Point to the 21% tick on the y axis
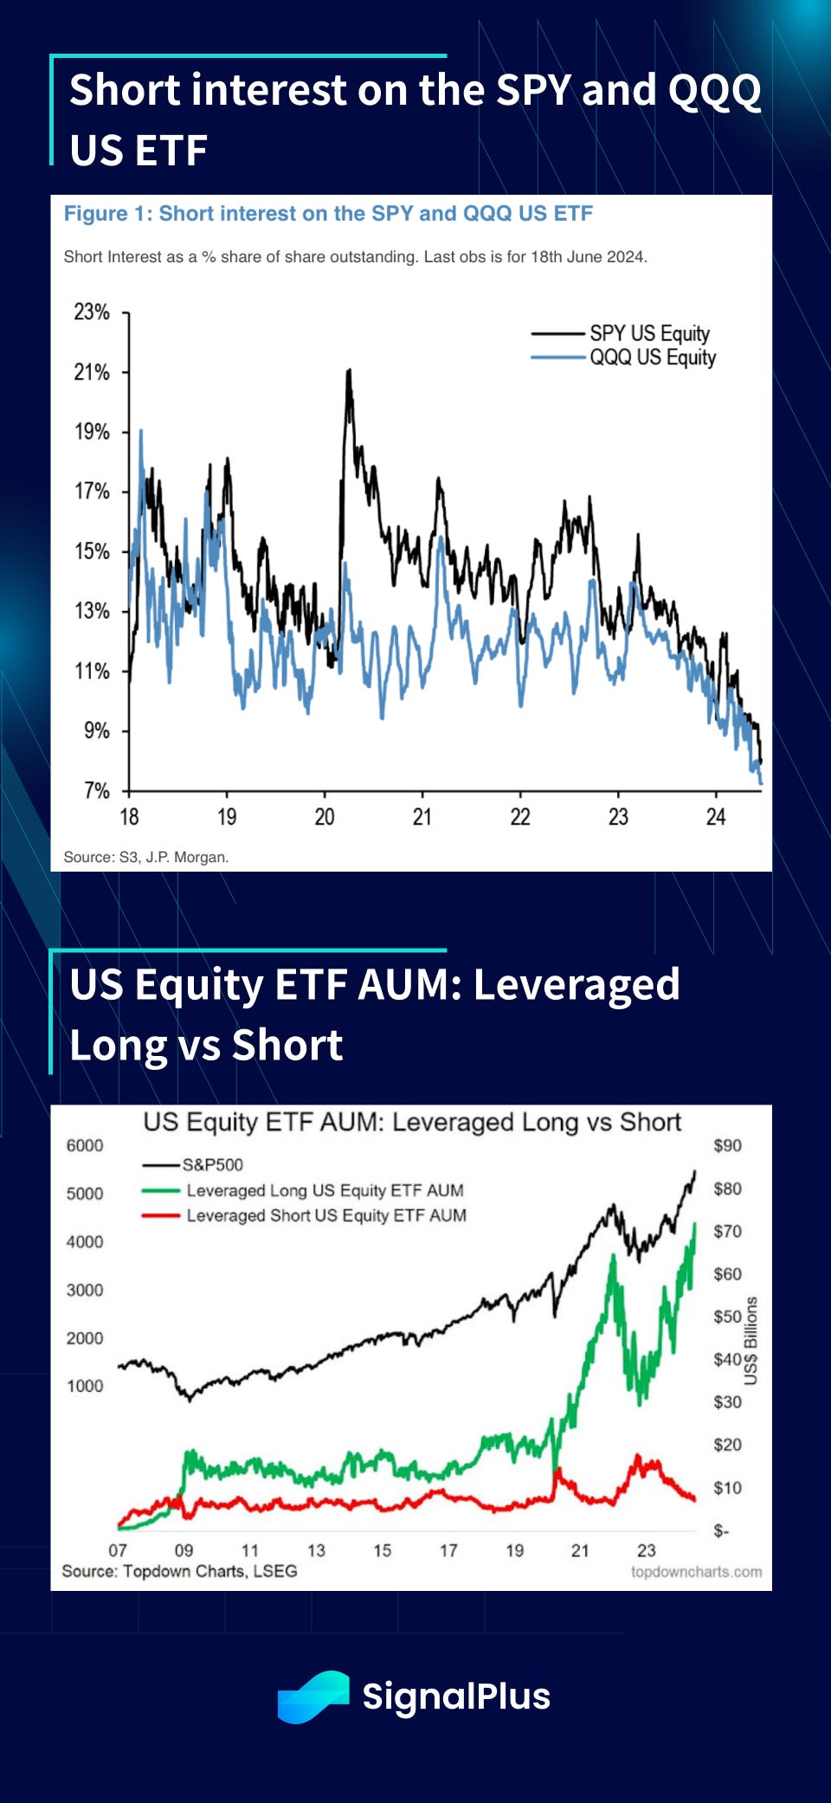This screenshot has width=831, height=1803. tap(92, 372)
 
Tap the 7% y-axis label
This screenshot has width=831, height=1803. tap(96, 790)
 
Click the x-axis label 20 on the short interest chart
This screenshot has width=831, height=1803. tap(324, 817)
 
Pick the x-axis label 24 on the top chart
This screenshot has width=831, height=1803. tap(715, 817)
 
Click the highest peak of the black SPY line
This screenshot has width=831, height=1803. tap(349, 370)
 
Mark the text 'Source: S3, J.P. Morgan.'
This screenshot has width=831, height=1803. tap(145, 857)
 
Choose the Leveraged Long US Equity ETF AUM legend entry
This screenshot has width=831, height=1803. tap(325, 1190)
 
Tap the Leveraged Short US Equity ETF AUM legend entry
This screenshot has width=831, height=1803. tap(325, 1215)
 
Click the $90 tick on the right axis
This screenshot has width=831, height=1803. tap(727, 1145)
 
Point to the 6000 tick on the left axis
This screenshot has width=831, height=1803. tap(85, 1145)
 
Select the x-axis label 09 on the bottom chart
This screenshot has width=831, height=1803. tap(184, 1550)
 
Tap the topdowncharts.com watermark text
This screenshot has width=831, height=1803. tap(696, 1571)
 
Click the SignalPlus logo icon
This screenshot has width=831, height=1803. tap(313, 1697)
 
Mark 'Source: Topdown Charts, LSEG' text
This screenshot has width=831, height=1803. tap(179, 1571)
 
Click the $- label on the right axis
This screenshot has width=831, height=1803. tap(721, 1531)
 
